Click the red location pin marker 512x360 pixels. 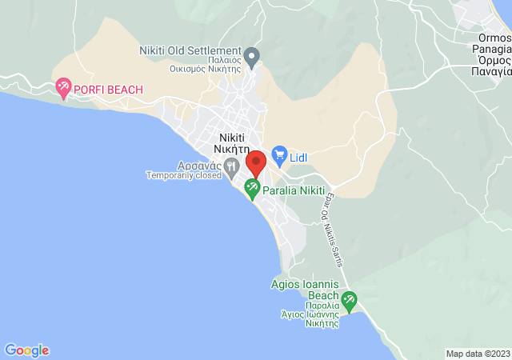256,163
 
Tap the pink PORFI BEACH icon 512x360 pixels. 63,89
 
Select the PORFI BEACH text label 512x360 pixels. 108,90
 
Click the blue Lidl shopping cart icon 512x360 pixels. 278,154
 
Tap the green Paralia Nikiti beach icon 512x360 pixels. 252,190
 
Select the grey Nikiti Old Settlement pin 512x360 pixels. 252,57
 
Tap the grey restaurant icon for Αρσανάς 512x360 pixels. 231,166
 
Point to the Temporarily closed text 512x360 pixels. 183,175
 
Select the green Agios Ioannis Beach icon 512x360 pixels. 349,302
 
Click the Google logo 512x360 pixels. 26,350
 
